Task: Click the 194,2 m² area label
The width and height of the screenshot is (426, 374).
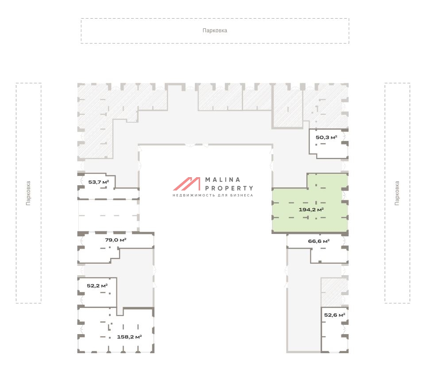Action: click(311, 210)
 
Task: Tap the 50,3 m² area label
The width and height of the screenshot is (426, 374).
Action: click(326, 137)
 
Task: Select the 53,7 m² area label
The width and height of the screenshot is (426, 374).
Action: click(99, 182)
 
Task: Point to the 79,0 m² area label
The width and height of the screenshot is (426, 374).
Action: click(116, 240)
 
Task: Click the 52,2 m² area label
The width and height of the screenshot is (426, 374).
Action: click(97, 286)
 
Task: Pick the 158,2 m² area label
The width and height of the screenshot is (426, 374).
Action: click(129, 337)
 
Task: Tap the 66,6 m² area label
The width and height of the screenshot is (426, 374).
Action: click(319, 241)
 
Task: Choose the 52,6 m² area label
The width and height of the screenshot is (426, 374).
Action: click(334, 315)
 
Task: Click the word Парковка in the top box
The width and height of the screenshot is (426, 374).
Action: click(215, 31)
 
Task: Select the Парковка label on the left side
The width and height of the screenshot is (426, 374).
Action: click(28, 193)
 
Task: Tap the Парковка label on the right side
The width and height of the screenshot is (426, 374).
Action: click(397, 193)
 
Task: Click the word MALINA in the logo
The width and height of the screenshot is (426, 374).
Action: click(223, 179)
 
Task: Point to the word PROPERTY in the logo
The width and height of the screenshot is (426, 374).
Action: click(229, 188)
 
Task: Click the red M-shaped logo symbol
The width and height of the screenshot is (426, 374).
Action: click(187, 184)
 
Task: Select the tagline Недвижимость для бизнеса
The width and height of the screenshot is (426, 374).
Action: click(213, 195)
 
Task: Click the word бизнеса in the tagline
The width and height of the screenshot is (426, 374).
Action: click(242, 195)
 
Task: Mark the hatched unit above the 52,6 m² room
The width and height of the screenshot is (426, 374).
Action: click(334, 292)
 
